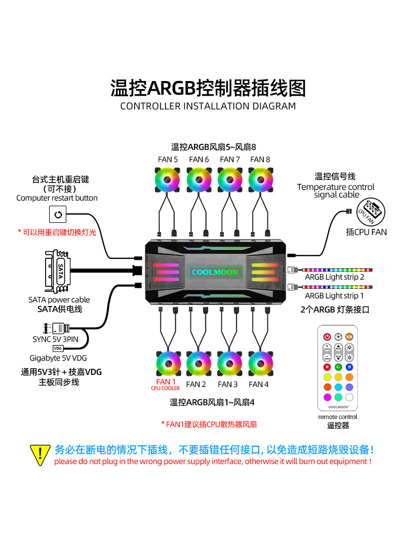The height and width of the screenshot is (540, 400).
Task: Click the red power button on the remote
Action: (327, 336)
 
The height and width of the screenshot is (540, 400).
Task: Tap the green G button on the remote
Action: (338, 367)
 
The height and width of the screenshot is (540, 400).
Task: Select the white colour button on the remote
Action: (349, 398)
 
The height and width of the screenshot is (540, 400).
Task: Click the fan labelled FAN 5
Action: (168, 179)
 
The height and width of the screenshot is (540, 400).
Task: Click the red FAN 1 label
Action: (166, 382)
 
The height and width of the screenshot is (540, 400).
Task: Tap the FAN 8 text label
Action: (260, 159)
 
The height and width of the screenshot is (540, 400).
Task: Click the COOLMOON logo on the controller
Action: (214, 272)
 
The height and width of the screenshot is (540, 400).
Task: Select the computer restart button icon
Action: (57, 215)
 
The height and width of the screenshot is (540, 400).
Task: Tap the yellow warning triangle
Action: (40, 454)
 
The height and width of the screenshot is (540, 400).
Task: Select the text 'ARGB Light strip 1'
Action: (334, 296)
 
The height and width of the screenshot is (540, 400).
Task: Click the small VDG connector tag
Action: (58, 349)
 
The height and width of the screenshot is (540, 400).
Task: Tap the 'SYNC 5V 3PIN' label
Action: (56, 339)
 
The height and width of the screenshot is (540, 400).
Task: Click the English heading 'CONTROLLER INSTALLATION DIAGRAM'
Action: (208, 106)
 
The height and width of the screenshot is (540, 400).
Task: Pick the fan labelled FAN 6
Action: (199, 179)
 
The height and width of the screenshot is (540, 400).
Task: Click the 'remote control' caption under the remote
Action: (338, 417)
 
